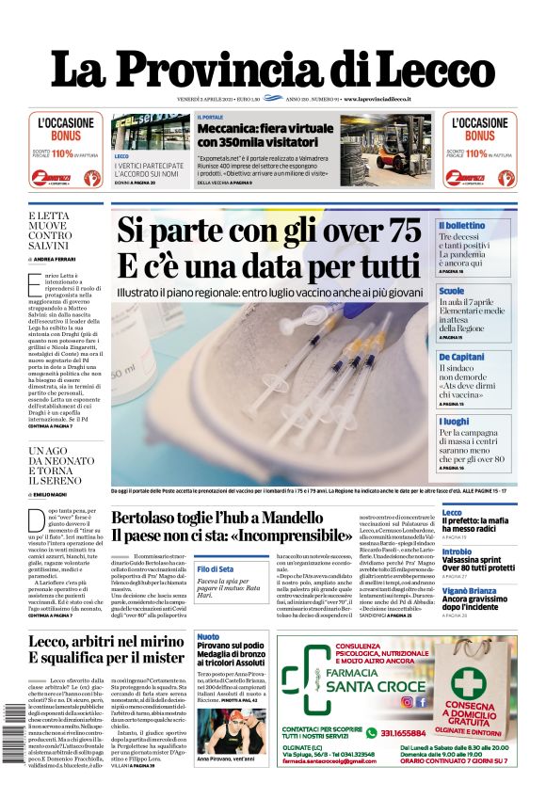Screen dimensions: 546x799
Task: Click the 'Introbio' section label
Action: pyautogui.click(x=458, y=552)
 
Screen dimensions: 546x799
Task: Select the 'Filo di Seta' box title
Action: pyautogui.click(x=216, y=568)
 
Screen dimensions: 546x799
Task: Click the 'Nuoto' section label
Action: pyautogui.click(x=208, y=637)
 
